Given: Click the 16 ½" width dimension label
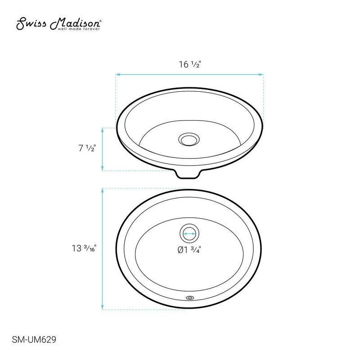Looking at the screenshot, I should click(x=189, y=64).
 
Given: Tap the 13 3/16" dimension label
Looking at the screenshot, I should click(x=84, y=248).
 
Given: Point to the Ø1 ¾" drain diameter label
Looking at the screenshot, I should click(x=189, y=250).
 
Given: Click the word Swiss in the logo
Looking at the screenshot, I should click(x=31, y=23).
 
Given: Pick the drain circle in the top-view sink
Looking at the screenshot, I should click(x=189, y=234).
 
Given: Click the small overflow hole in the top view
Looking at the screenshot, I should click(x=189, y=297).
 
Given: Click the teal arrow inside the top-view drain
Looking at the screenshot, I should click(x=189, y=234).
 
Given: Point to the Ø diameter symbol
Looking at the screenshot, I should click(x=181, y=250).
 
